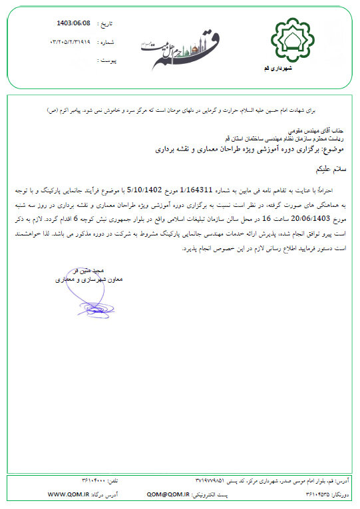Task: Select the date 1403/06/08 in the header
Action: [x=75, y=23]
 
